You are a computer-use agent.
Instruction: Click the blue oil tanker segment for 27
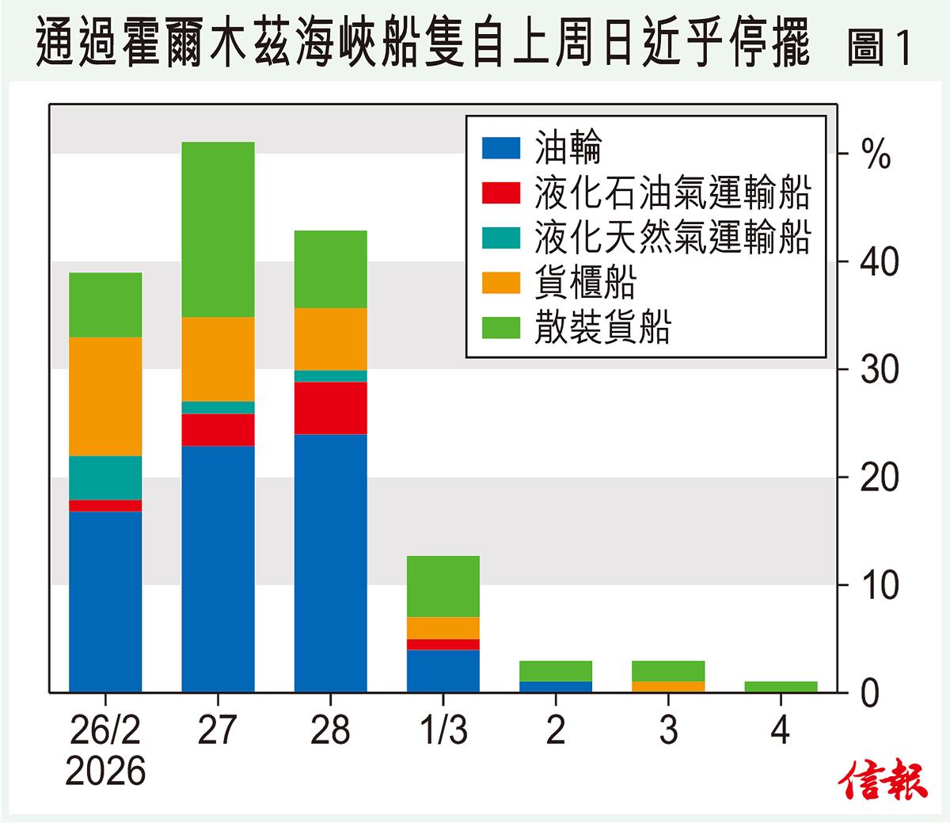coord(218,569)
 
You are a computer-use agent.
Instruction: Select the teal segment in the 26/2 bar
coord(105,478)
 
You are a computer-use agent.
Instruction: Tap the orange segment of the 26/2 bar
coord(105,396)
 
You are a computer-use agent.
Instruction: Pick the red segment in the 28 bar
coord(330,408)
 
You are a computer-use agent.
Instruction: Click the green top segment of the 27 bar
coord(218,230)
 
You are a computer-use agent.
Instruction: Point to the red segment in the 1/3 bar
coord(443,644)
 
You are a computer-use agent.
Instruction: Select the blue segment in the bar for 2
coord(556,687)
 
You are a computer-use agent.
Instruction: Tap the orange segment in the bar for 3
coord(668,687)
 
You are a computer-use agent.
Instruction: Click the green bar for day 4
coord(781,687)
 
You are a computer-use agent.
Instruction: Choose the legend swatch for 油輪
coord(500,148)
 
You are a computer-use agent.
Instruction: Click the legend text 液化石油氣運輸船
coord(672,192)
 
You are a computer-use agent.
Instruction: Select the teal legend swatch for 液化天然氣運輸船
coord(500,238)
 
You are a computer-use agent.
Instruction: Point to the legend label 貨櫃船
coord(585,282)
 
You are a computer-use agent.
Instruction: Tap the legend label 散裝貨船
coord(602,326)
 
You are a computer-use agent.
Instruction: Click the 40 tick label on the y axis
coord(880,261)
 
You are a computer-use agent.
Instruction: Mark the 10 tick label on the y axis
coord(880,585)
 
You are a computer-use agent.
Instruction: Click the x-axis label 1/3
coord(443,730)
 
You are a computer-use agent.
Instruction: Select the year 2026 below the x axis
coord(105,771)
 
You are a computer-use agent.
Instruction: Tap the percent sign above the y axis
coord(876,154)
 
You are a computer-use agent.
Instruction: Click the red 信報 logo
coord(883,780)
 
